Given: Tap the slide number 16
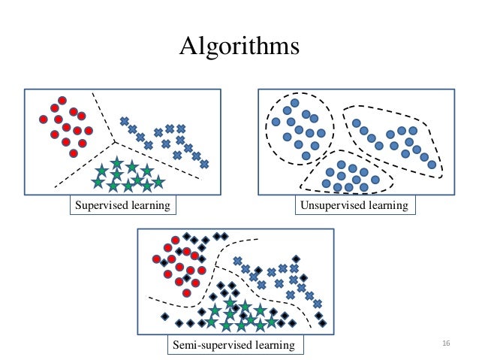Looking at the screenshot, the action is (446, 343).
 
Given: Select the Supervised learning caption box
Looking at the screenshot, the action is (120, 204).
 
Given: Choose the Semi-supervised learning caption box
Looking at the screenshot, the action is (236, 346).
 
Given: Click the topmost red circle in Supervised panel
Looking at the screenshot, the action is (64, 100).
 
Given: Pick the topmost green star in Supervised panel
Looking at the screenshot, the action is (116, 162).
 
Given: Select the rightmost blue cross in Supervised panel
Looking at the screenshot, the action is (204, 164).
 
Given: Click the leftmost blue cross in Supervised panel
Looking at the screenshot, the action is (124, 120).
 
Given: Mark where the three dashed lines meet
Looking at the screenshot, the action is (114, 140).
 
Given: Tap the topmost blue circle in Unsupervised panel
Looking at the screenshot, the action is (296, 102).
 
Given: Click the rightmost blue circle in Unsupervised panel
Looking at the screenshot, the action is (432, 164).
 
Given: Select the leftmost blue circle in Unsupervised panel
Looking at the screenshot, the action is (276, 122).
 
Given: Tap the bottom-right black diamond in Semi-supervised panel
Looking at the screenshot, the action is (324, 323).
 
